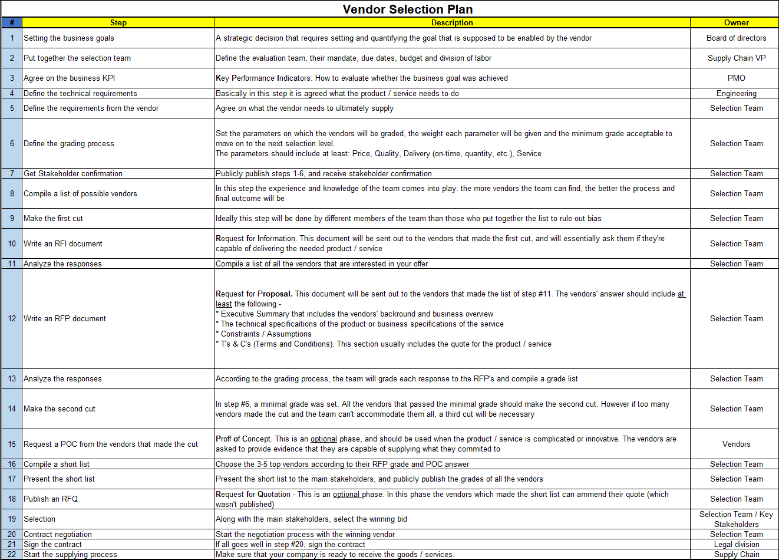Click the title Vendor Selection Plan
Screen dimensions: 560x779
(407, 9)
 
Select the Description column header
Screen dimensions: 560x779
(452, 23)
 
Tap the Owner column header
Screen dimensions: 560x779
(736, 23)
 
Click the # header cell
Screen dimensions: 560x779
(12, 23)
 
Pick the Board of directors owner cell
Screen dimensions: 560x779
(736, 38)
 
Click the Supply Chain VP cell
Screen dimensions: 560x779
(736, 58)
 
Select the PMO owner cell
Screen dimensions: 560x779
(736, 78)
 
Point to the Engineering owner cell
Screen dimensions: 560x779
(736, 93)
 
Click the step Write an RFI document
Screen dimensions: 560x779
(63, 243)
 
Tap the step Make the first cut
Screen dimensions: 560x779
(53, 218)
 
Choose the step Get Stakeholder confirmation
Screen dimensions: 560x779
(73, 173)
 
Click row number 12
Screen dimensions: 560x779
(12, 318)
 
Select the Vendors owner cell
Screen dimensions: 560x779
(736, 444)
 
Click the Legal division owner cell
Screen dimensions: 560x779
(736, 544)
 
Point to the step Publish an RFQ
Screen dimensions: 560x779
(51, 499)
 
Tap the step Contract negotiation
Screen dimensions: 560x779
(58, 534)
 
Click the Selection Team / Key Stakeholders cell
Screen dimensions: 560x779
(736, 519)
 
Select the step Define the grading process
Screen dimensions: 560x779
(69, 143)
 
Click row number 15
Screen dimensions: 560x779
(12, 444)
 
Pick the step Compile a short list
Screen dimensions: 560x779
(57, 464)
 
